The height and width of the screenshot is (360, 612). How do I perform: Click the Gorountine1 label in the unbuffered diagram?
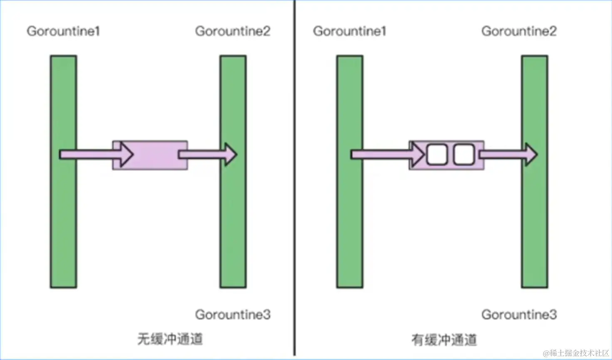[x=63, y=31]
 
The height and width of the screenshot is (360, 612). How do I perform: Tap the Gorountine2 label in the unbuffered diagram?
[x=233, y=31]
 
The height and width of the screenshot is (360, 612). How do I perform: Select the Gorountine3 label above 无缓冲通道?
[x=233, y=315]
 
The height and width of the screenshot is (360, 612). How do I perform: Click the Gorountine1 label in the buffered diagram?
[x=350, y=31]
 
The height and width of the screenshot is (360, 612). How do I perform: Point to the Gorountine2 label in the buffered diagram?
[x=519, y=31]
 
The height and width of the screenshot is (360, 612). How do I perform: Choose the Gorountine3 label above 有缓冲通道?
[x=519, y=315]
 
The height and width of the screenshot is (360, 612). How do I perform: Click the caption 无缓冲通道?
[x=170, y=339]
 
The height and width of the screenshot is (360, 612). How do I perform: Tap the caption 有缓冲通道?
[x=444, y=340]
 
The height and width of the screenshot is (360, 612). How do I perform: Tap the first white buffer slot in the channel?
[x=437, y=155]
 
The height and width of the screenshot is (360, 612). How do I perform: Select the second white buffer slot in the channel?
[x=464, y=155]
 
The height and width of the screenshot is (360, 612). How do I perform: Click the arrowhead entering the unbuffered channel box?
[x=126, y=155]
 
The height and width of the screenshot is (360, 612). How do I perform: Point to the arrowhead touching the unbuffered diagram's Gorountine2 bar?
[x=230, y=155]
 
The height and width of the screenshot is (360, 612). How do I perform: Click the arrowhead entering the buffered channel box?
[x=417, y=155]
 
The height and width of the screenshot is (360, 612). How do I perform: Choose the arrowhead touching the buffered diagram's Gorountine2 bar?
[x=531, y=155]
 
